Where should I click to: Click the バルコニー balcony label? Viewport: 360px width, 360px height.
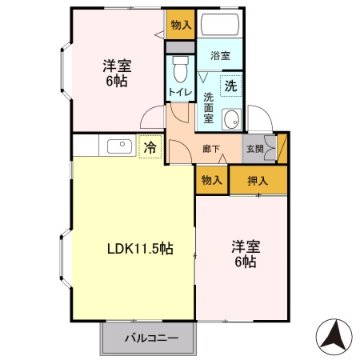tap(150, 338)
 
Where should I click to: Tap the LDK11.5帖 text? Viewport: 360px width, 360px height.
tap(140, 249)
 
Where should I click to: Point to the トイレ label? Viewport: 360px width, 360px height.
tap(178, 93)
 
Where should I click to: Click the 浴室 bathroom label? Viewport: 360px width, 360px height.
tap(220, 56)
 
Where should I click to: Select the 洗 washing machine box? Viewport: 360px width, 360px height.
tap(230, 85)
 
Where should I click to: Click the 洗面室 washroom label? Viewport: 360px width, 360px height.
tap(208, 108)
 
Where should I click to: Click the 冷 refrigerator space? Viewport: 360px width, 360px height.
tap(150, 146)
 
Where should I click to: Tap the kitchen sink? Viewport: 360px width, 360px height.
tap(118, 146)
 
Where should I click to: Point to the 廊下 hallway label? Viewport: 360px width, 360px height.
tap(211, 148)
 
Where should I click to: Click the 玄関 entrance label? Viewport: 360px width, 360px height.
tap(254, 148)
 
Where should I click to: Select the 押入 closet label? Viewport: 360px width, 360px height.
tap(258, 180)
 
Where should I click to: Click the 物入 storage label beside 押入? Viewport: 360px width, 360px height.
tap(211, 180)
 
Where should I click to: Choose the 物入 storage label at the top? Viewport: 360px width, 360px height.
tap(182, 25)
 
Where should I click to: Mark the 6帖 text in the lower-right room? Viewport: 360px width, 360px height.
tap(245, 262)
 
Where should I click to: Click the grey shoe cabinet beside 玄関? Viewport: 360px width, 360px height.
tap(271, 148)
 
